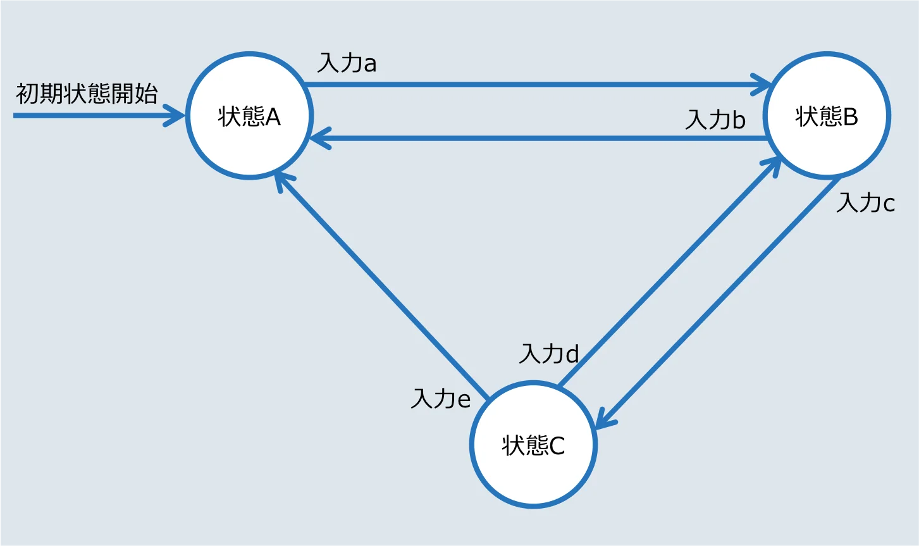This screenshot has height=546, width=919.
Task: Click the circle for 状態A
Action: point(249,115)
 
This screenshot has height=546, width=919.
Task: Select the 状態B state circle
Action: point(827,115)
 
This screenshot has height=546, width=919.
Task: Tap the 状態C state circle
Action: point(533,445)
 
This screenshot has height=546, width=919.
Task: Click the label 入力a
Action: point(347,63)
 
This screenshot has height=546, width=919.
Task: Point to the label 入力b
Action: point(715,120)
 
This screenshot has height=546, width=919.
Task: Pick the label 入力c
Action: point(866,203)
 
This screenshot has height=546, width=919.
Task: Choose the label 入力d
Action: point(549,354)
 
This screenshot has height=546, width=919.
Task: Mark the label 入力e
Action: point(441,399)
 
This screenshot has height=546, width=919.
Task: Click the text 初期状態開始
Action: point(87,94)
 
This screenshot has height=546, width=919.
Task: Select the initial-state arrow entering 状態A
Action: point(99,116)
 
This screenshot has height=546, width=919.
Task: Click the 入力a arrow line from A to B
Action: point(538,85)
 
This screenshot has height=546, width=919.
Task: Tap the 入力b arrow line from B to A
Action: point(538,139)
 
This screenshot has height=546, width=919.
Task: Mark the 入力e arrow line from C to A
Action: point(381,286)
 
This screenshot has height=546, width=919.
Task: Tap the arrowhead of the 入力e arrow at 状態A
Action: point(283,181)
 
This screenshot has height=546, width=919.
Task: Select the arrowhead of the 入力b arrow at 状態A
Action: point(320,139)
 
